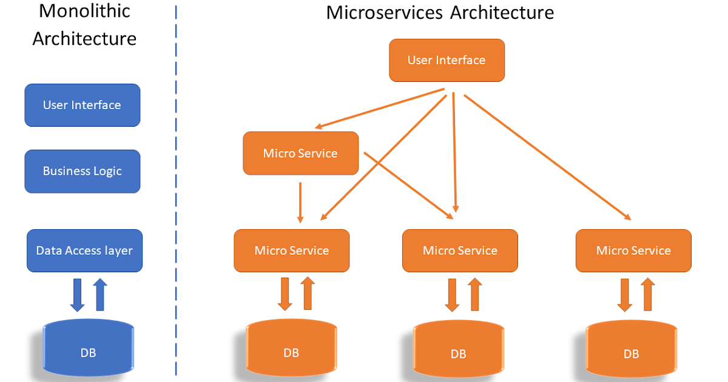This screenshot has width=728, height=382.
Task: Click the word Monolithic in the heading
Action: tap(84, 11)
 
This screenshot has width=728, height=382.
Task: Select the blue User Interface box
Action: tap(82, 105)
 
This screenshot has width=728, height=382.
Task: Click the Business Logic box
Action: tap(82, 171)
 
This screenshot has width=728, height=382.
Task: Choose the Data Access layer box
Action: tap(84, 250)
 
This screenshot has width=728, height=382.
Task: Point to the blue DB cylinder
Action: tap(88, 350)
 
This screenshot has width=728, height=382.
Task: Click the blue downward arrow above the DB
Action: tap(77, 294)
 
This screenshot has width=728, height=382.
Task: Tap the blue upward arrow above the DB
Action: tap(100, 294)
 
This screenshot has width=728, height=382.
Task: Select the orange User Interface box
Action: tap(447, 60)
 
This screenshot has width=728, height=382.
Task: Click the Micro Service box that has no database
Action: tap(300, 153)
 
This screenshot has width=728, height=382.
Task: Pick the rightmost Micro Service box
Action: tap(633, 250)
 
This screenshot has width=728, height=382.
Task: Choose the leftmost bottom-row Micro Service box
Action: tap(292, 250)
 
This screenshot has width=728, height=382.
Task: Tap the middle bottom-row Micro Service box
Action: tap(460, 250)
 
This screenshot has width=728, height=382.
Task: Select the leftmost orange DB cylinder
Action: tap(291, 350)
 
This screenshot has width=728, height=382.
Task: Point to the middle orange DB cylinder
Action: tap(459, 352)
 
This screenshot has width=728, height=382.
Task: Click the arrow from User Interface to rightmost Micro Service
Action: tap(546, 156)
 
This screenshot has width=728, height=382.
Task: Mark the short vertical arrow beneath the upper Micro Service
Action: tap(300, 201)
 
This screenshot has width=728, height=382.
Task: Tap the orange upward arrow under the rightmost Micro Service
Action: tap(648, 294)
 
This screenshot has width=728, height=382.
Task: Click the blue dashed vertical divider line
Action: tap(176, 194)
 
